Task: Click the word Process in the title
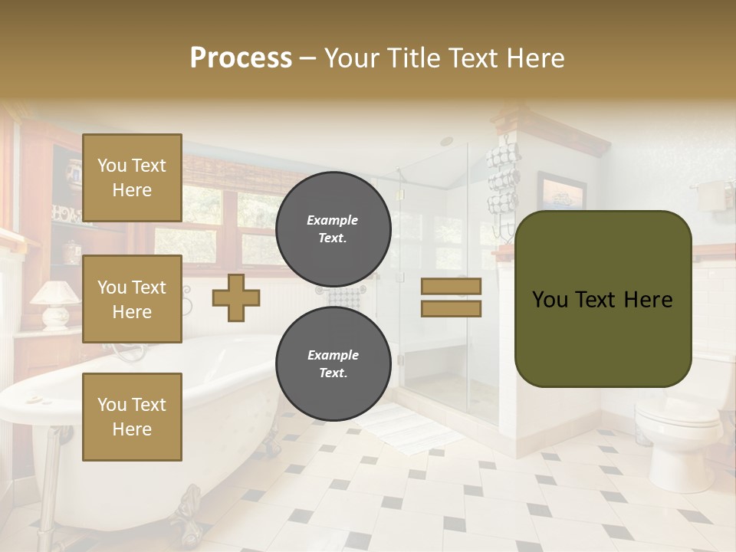pos(240,58)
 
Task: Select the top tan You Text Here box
pos(132,178)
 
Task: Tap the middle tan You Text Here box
pos(132,299)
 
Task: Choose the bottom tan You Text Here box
pos(132,416)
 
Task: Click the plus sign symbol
pos(236,297)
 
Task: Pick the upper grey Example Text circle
pos(333,228)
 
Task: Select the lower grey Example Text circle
pos(333,364)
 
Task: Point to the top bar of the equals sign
pos(451,286)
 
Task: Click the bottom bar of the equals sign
pos(451,308)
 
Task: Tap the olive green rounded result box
pos(603,298)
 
